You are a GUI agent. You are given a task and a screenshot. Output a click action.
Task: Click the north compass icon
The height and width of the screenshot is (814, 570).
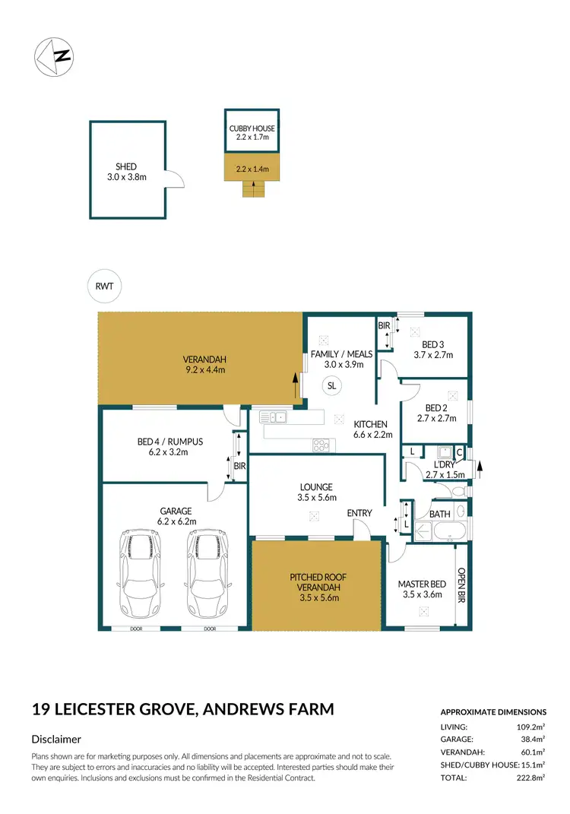click(x=54, y=55)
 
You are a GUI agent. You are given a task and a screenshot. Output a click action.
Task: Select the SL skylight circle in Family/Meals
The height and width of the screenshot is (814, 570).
click(x=331, y=385)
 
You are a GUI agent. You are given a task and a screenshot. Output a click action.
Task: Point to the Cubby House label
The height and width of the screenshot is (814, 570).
click(x=252, y=129)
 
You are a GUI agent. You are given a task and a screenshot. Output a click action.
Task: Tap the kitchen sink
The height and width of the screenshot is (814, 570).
click(x=271, y=417)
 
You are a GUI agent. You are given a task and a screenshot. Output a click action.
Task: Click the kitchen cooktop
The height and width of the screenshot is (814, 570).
click(x=321, y=446)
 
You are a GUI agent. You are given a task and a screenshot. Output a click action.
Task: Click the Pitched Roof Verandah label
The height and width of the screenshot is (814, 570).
click(x=318, y=582)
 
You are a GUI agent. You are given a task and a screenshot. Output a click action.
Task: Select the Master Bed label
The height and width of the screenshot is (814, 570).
click(x=422, y=584)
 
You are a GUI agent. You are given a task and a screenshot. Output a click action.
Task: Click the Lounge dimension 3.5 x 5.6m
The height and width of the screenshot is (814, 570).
click(x=316, y=499)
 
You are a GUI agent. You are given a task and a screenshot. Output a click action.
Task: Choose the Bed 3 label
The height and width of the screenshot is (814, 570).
click(x=433, y=344)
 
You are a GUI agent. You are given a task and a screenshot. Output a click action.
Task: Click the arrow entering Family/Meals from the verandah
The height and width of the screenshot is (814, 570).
click(x=294, y=385)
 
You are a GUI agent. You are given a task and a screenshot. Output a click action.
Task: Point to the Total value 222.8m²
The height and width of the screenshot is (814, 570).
click(x=531, y=778)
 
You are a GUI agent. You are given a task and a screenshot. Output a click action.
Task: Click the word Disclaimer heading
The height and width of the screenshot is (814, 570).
click(x=56, y=739)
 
